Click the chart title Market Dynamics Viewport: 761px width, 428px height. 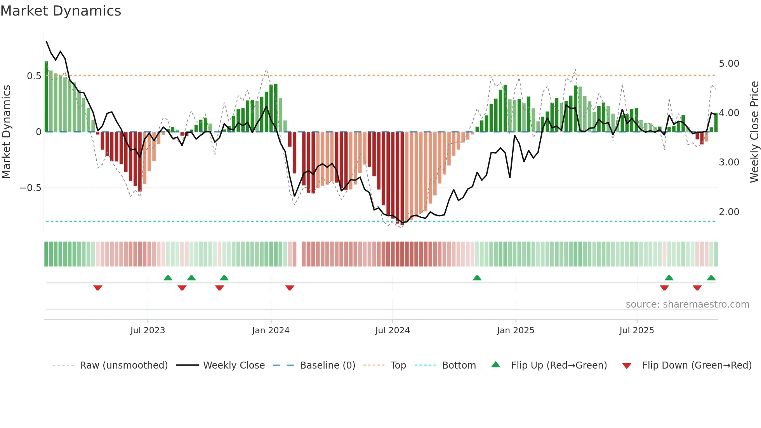61,11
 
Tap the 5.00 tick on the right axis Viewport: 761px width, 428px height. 729,63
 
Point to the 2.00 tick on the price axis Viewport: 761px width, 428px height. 729,212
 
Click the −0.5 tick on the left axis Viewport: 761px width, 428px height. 31,188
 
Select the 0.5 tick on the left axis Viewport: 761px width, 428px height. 34,76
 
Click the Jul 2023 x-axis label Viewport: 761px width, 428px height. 148,331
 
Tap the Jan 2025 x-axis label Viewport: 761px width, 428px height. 515,331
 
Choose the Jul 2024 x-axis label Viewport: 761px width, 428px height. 392,331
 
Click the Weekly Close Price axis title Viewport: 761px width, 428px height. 754,132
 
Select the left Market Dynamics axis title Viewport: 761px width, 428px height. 6,132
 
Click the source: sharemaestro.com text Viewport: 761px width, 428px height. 687,304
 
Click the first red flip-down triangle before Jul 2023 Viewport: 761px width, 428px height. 98,288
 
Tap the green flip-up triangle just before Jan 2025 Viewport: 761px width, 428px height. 477,278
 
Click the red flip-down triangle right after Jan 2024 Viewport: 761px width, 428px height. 290,288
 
